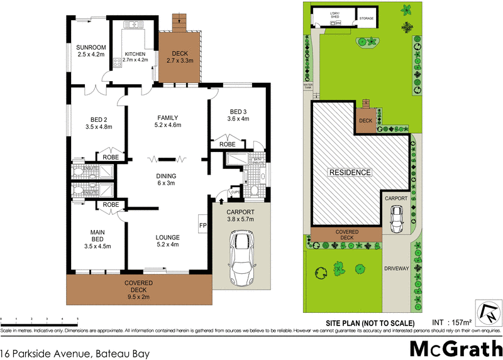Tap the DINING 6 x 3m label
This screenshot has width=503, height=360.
(167, 179)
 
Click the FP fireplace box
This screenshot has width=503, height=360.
(203, 225)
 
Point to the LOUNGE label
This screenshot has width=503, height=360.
(167, 241)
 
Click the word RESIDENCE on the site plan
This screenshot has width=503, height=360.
(349, 172)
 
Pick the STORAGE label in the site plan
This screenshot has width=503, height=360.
(367, 19)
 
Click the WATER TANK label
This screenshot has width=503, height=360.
(308, 85)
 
